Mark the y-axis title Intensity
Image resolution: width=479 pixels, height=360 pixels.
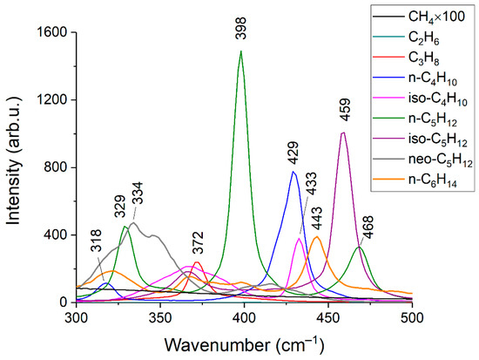tap(14, 166)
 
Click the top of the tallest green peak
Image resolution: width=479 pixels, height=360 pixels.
tap(240, 51)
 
